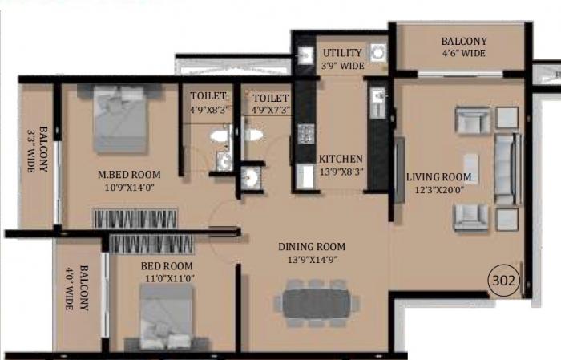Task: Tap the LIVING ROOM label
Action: [438, 177]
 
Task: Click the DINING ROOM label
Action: [312, 246]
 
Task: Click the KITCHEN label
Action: [341, 159]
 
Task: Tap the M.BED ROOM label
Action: [129, 174]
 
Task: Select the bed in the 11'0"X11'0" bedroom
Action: [166, 318]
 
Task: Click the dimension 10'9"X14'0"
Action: [129, 188]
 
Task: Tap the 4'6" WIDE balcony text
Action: [463, 54]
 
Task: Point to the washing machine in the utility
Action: [379, 53]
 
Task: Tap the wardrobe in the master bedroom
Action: [134, 218]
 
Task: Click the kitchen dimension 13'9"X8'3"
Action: [341, 171]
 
